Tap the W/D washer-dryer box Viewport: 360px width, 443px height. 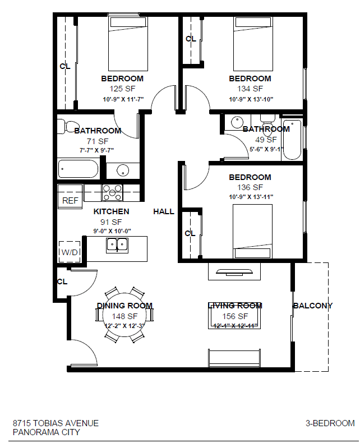coord(70,252)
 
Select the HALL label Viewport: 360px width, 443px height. coord(164,211)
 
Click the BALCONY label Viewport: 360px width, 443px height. coord(312,306)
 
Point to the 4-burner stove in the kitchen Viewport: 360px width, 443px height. coord(112,192)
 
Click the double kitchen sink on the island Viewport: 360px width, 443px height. coord(117,244)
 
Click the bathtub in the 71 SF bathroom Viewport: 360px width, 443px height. coord(78,169)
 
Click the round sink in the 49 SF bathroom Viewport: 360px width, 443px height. coord(237,122)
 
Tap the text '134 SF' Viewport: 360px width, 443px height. coord(250,89)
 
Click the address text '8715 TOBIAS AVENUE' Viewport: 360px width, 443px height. coord(56,423)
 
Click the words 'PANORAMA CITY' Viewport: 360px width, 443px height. coord(46,432)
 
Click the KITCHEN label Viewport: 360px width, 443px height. coord(111,211)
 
